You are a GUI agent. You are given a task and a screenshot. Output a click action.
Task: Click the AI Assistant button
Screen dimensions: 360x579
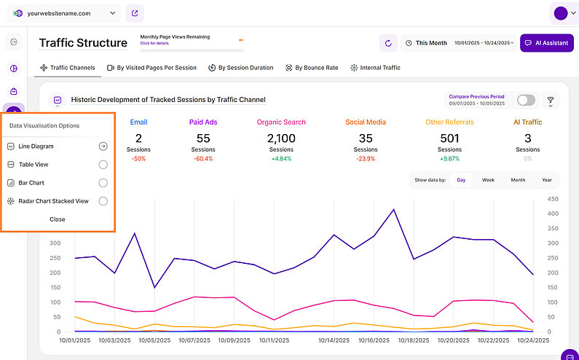point(546,43)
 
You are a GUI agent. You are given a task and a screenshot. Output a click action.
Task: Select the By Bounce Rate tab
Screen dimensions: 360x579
point(312,68)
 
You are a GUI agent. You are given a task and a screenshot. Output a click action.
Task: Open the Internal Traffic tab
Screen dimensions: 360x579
point(375,68)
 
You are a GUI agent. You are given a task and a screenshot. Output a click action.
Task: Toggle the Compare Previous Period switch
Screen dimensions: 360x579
point(526,101)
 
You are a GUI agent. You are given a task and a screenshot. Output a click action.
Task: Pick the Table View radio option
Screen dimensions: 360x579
point(103,165)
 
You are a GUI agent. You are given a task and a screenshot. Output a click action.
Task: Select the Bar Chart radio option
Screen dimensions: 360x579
point(103,183)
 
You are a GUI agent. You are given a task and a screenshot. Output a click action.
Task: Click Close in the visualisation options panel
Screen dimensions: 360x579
point(58,219)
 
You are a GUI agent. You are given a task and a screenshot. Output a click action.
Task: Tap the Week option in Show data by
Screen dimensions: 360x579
point(488,180)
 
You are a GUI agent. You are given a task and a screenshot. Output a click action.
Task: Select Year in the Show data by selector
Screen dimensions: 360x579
point(546,180)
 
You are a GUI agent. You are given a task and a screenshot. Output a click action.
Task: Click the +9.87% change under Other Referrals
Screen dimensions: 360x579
point(449,158)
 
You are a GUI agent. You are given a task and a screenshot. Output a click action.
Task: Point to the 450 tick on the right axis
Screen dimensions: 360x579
point(553,199)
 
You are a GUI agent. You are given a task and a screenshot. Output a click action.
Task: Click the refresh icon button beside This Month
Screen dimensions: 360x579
point(388,43)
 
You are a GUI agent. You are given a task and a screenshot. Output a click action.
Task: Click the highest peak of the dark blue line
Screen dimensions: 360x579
point(394,210)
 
